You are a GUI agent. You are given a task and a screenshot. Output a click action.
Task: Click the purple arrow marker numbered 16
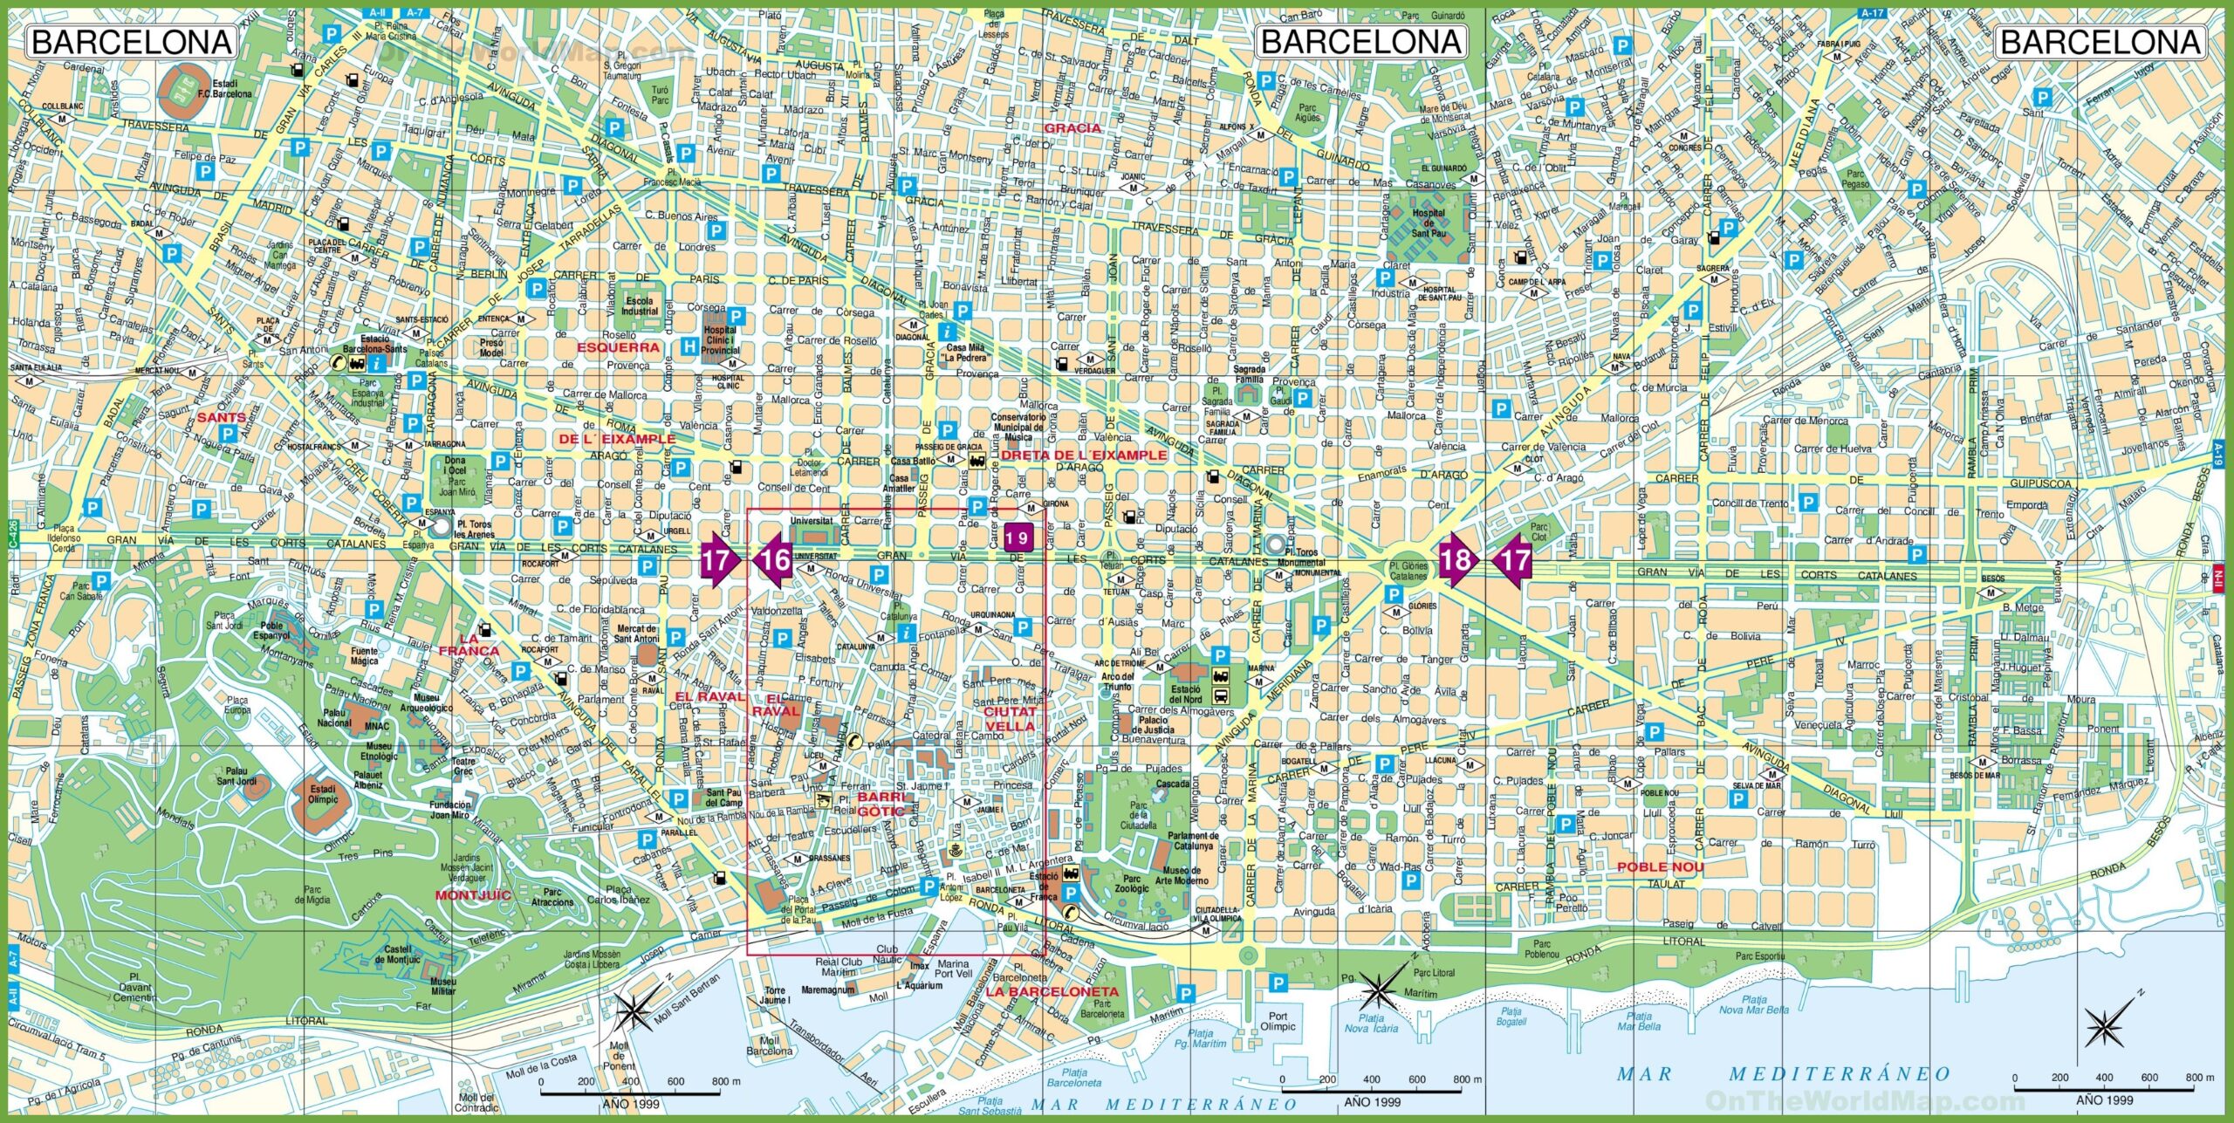tap(774, 559)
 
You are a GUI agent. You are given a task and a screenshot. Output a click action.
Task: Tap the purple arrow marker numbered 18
tap(1455, 558)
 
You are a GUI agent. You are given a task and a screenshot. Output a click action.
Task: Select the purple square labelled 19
tap(1017, 538)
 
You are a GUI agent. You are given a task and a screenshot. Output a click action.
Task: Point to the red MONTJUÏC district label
tap(473, 895)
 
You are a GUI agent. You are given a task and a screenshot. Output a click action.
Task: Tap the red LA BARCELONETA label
tap(1052, 992)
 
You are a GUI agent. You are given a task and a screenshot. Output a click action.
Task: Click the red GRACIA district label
tap(1072, 127)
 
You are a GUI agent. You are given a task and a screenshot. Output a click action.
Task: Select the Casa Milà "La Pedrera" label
tap(966, 353)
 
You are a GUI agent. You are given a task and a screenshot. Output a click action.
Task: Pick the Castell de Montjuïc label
tap(398, 955)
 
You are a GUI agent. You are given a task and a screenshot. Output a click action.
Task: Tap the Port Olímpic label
tap(1278, 1021)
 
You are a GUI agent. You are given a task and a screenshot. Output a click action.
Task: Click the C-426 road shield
tap(13, 534)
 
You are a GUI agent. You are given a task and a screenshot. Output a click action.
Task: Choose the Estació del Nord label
tap(1186, 695)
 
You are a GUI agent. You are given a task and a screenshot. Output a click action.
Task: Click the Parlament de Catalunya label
tap(1192, 841)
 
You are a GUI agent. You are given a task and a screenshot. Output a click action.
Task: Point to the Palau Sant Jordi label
tap(237, 777)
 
